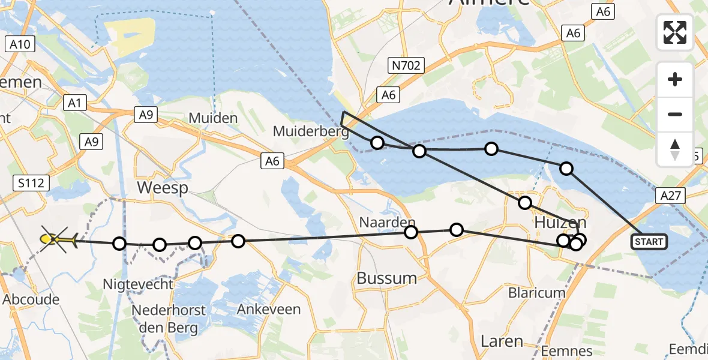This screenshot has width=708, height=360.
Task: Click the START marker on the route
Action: click(x=649, y=241)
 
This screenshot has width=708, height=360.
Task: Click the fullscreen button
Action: click(x=675, y=32)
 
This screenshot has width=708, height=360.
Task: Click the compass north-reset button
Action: click(x=675, y=149)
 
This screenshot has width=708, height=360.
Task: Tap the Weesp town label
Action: click(x=162, y=188)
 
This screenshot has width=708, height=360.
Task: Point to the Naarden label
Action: click(x=387, y=222)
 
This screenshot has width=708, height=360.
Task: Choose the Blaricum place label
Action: click(x=537, y=293)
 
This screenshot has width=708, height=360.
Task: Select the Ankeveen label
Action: click(x=260, y=310)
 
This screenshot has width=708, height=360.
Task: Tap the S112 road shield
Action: click(x=31, y=183)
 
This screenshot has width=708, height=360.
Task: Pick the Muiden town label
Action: click(x=213, y=118)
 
